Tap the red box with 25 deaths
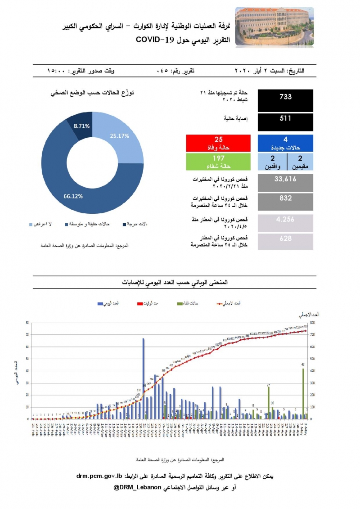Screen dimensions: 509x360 [x=218, y=143]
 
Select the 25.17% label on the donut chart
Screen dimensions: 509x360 [x=120, y=135]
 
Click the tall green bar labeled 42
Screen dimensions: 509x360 [x=303, y=394]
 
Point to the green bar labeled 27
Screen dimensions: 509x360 [x=268, y=403]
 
